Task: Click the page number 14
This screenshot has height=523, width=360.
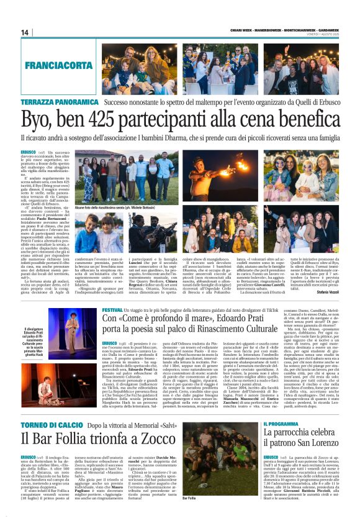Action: point(25,32)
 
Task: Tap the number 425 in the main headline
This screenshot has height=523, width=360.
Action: point(110,118)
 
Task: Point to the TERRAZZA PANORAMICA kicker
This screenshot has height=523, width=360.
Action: point(60,101)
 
